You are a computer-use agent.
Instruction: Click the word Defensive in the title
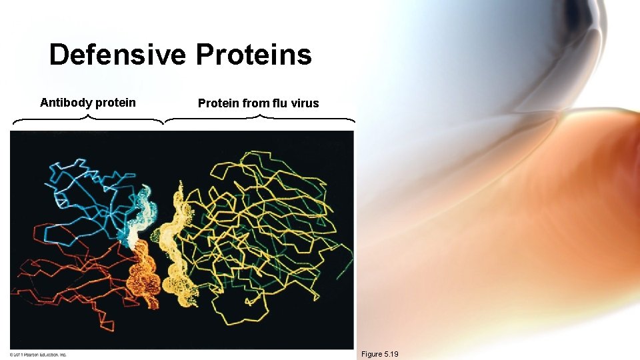119,55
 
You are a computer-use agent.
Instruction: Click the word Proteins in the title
253,55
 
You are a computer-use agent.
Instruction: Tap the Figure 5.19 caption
379,354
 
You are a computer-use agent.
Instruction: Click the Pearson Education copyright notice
39,354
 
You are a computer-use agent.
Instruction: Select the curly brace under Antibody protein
88,120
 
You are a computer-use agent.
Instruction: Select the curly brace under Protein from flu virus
259,120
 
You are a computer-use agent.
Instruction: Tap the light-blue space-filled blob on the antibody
140,213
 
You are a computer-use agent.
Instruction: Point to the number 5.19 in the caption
389,354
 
